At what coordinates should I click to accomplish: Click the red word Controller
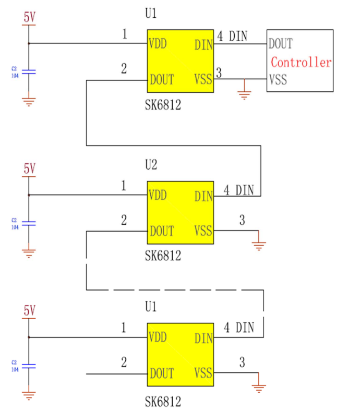(x=301, y=63)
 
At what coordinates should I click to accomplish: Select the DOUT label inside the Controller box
(x=281, y=43)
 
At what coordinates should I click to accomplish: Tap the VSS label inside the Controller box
(x=278, y=80)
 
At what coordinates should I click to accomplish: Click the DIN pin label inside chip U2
(x=203, y=197)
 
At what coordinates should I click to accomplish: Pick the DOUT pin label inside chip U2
(x=162, y=231)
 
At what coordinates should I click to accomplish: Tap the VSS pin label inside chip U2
(x=203, y=231)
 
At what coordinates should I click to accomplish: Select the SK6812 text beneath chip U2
(x=163, y=256)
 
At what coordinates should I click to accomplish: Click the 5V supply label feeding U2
(x=29, y=168)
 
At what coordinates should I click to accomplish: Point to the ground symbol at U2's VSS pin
(x=258, y=244)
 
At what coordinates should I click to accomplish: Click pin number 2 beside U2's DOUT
(x=124, y=220)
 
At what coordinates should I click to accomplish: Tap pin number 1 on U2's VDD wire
(x=124, y=186)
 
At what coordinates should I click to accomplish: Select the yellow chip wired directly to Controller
(x=181, y=61)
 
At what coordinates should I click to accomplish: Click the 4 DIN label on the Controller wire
(x=232, y=36)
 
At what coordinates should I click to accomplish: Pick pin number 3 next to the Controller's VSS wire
(x=219, y=73)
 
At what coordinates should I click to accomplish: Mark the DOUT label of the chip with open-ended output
(x=162, y=373)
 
